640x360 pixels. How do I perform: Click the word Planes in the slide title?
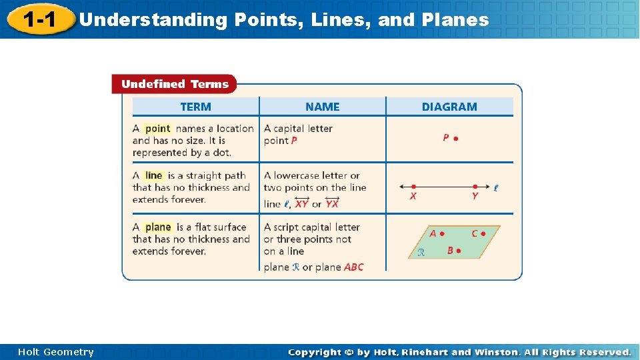(x=460, y=20)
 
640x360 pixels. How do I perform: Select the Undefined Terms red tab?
(x=174, y=84)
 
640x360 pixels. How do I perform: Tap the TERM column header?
(x=195, y=107)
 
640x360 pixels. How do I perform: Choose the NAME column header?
(x=322, y=107)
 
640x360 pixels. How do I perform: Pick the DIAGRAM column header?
(x=449, y=107)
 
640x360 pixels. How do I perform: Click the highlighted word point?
(x=158, y=129)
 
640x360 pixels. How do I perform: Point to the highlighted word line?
(x=154, y=175)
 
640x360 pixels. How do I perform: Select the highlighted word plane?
(x=158, y=227)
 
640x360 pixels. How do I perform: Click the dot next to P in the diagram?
(x=456, y=139)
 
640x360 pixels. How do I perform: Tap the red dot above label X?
(x=414, y=187)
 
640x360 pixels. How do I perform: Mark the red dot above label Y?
(x=475, y=187)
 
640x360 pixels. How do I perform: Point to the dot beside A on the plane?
(x=442, y=234)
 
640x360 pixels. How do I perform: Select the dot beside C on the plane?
(x=483, y=234)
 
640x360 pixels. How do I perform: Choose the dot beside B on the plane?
(x=459, y=251)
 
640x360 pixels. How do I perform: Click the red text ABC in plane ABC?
(x=354, y=267)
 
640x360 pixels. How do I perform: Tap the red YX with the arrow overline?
(x=332, y=204)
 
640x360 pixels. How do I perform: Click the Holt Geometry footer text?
(x=56, y=352)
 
